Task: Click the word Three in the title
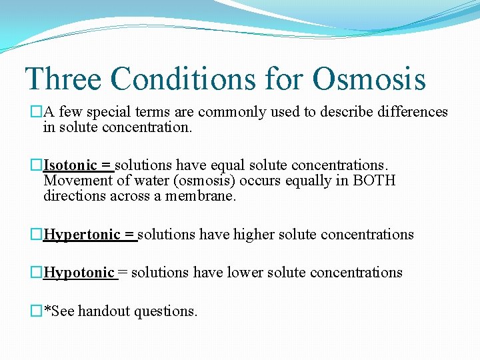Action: tap(63, 79)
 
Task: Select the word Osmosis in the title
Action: tap(369, 79)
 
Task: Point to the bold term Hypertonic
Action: tap(81, 235)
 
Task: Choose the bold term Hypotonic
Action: tap(79, 273)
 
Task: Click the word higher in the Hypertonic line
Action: tap(254, 235)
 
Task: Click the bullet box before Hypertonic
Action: tap(37, 235)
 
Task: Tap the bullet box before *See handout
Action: tap(37, 311)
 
